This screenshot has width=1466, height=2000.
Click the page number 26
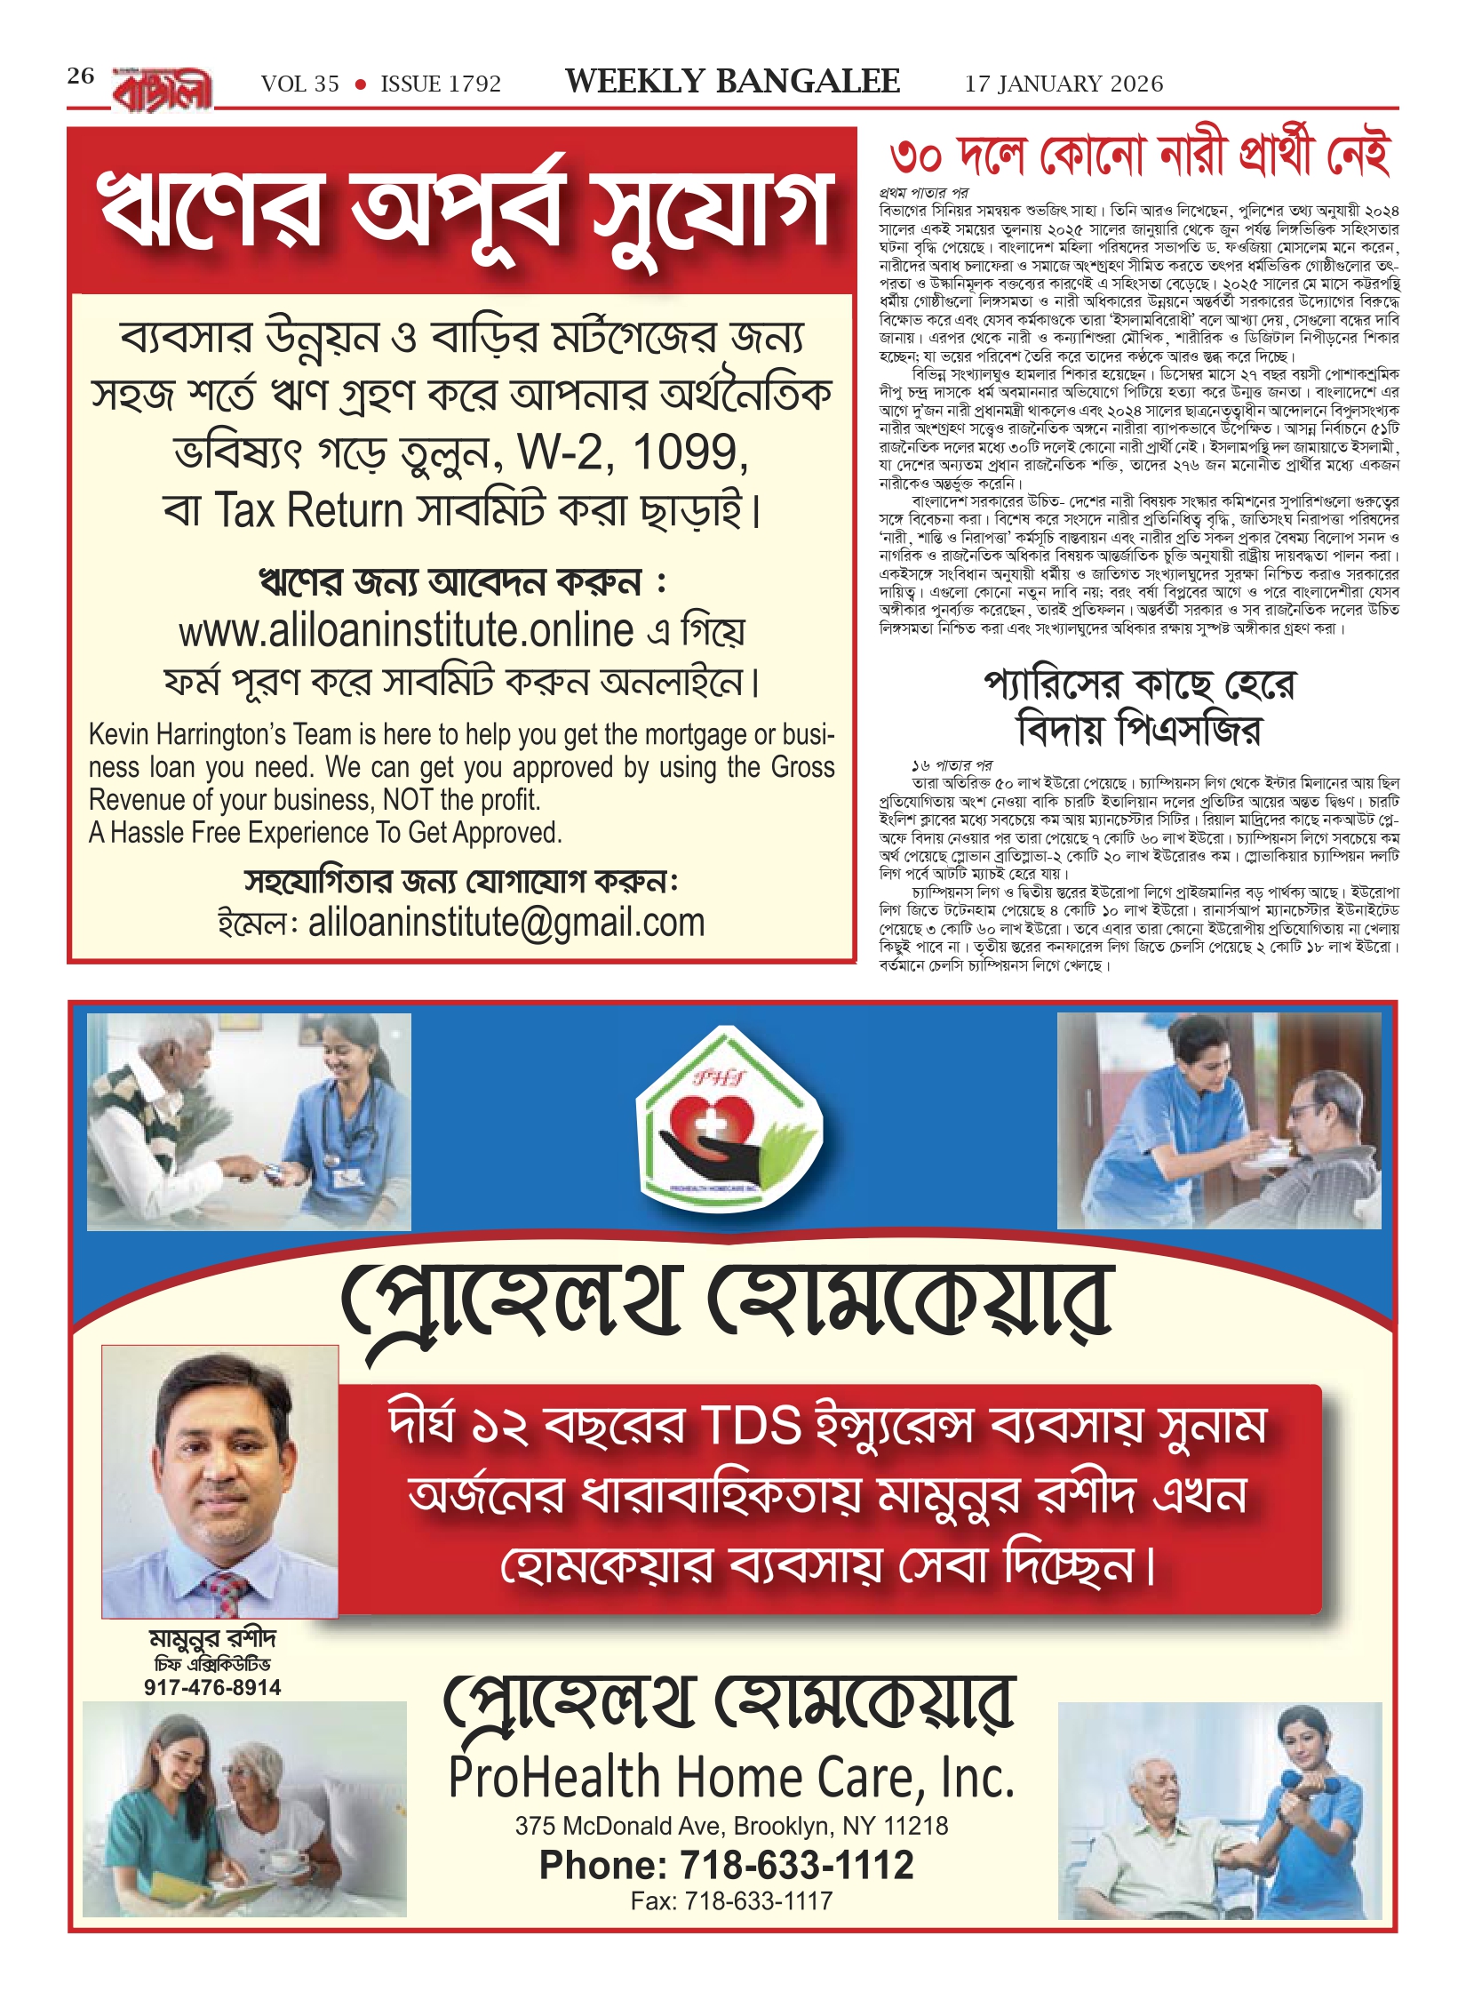(80, 76)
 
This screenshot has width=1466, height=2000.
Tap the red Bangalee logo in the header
(163, 90)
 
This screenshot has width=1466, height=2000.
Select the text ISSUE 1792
(441, 84)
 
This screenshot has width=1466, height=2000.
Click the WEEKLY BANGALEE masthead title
(732, 82)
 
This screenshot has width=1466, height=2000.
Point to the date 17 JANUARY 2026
(1064, 84)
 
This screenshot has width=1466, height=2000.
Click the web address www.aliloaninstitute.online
(406, 632)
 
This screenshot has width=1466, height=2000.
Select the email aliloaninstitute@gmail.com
(506, 923)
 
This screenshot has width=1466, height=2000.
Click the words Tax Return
(309, 511)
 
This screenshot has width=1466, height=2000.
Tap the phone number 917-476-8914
(212, 1688)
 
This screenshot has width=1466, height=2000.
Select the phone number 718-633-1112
(796, 1865)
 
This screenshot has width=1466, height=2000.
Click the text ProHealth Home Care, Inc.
(731, 1779)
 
